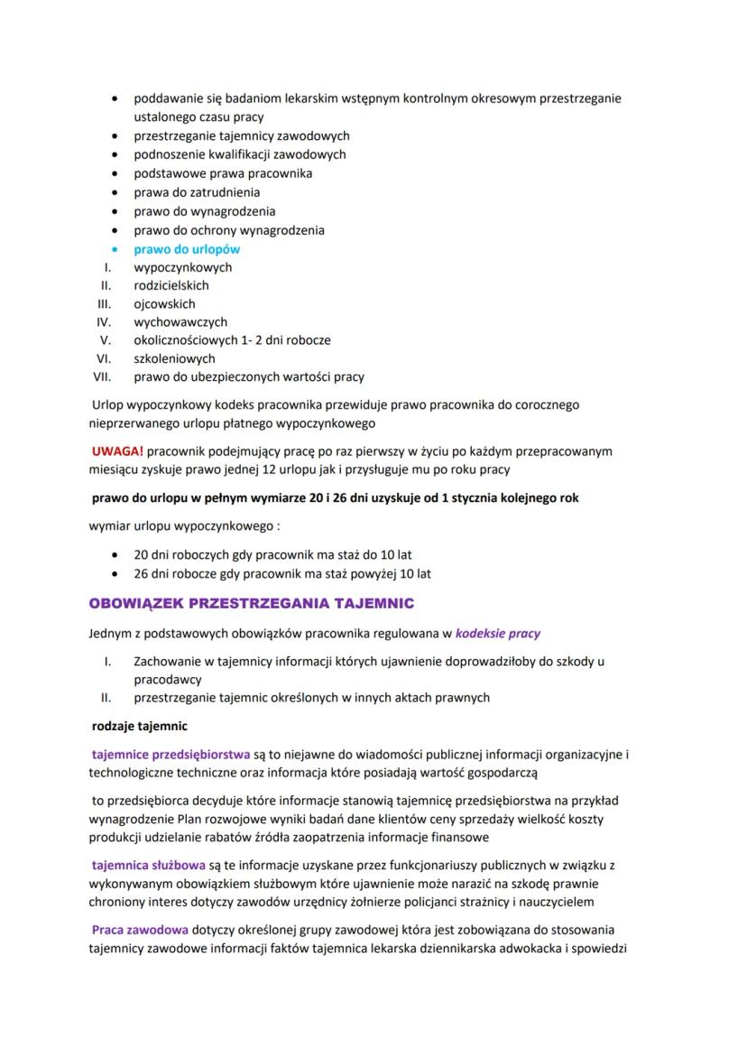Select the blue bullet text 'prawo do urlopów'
187,249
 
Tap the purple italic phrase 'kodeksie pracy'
498,633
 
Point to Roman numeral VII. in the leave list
101,376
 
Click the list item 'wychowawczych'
180,321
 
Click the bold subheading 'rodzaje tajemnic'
140,725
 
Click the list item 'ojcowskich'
164,303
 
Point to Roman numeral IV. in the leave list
104,321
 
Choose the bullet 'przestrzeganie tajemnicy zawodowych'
241,135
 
